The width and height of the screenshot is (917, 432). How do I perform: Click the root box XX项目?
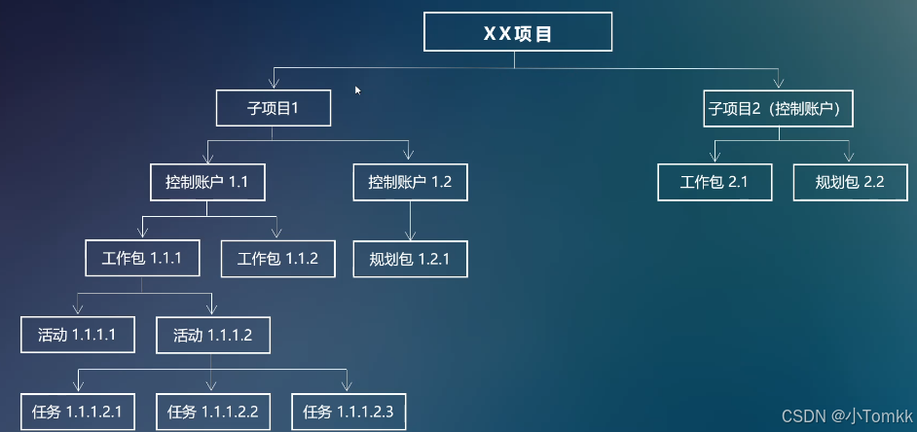pyautogui.click(x=518, y=32)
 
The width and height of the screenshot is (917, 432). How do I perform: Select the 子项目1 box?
pyautogui.click(x=273, y=107)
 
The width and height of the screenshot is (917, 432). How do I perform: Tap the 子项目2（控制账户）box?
pyautogui.click(x=779, y=108)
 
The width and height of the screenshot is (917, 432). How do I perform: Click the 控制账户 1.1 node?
pyautogui.click(x=208, y=182)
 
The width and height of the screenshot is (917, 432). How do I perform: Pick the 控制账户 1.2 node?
pyautogui.click(x=410, y=182)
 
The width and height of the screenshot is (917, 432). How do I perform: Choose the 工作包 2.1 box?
pyautogui.click(x=715, y=182)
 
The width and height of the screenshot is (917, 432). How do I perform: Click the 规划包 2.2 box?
pyautogui.click(x=850, y=182)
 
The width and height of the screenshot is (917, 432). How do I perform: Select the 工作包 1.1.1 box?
pyautogui.click(x=142, y=259)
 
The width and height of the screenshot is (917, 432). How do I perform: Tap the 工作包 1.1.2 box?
pyautogui.click(x=277, y=259)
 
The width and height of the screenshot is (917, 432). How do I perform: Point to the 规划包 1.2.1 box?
pyautogui.click(x=410, y=259)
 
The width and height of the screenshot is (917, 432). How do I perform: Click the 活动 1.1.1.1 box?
pyautogui.click(x=77, y=335)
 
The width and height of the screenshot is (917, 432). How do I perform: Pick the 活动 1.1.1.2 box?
pyautogui.click(x=212, y=335)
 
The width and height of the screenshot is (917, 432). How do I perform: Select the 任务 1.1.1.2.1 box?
pyautogui.click(x=77, y=412)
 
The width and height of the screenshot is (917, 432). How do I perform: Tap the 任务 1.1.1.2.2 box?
pyautogui.click(x=212, y=412)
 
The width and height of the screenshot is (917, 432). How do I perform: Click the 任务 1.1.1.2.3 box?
pyautogui.click(x=348, y=412)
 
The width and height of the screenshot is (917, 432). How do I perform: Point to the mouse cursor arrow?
pyautogui.click(x=357, y=90)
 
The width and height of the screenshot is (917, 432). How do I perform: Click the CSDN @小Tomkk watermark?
pyautogui.click(x=846, y=416)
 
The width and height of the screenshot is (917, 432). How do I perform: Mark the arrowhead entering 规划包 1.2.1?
pyautogui.click(x=410, y=234)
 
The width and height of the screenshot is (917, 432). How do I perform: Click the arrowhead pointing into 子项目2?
pyautogui.click(x=779, y=82)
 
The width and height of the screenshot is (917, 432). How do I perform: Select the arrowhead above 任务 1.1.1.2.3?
pyautogui.click(x=348, y=386)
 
